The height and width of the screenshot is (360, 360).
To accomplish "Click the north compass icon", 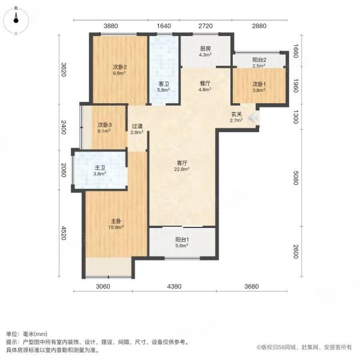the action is coord(16,20).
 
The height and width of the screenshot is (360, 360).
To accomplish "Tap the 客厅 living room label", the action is coord(182,163).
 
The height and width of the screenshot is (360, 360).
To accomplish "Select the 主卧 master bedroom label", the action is coord(116,221).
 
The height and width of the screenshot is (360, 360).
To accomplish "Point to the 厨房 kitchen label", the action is coord(205,49).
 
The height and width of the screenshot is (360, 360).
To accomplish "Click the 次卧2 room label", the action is coord(119,67).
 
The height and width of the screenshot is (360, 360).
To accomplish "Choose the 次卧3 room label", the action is coord(104,125).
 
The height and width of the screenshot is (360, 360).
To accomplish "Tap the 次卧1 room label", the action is coord(259,84).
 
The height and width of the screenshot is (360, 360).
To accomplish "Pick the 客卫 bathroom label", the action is coord(164,84).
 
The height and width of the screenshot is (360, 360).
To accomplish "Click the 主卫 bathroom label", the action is coord(100,168).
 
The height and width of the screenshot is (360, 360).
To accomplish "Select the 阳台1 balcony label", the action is coord(182,239).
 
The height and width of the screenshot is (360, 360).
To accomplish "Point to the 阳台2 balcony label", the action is coord(259,60).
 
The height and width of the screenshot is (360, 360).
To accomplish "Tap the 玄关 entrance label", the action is coord(236,114).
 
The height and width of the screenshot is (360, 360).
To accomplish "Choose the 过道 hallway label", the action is coord(137,126).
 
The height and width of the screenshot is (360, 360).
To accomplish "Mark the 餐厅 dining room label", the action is coord(205,83).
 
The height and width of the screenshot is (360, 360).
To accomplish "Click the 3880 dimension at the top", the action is coord(111,26).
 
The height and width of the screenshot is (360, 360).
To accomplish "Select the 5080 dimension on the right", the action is coord(296,178).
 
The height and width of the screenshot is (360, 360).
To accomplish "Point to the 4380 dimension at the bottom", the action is coord(174,286).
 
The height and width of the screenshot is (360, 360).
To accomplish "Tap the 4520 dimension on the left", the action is coord(64,233).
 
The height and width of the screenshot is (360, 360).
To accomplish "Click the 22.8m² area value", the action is coord(182,169).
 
